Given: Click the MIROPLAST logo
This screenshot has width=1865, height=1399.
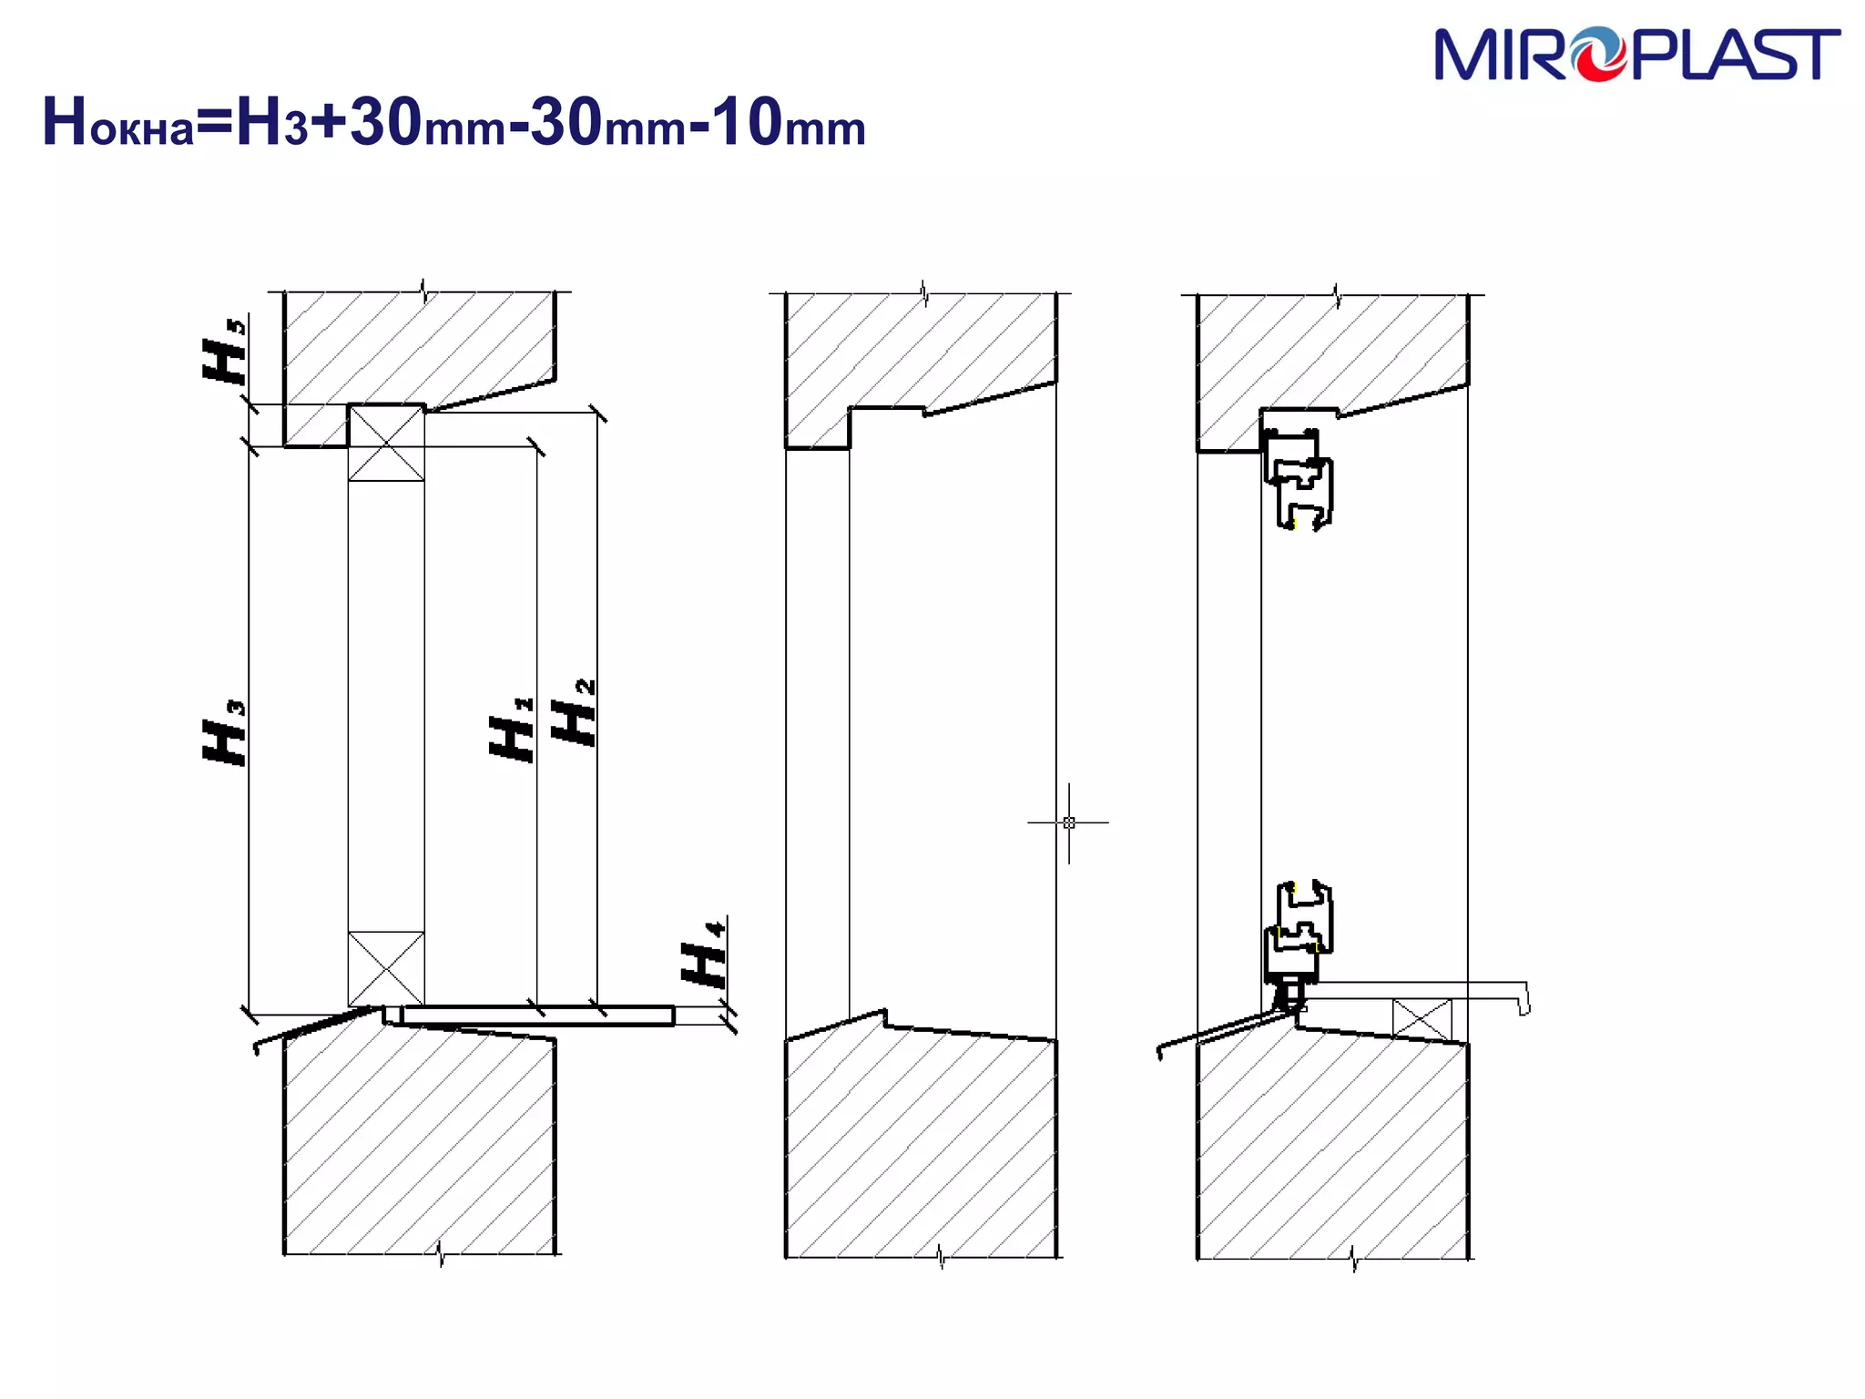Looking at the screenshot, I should point(1636,55).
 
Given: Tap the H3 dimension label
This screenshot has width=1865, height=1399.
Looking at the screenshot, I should point(224,733).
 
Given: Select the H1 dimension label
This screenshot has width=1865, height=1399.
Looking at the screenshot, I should point(511,730).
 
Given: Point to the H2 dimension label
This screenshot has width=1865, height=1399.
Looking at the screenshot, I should point(574,712).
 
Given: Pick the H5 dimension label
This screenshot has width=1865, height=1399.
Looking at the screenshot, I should point(224,351).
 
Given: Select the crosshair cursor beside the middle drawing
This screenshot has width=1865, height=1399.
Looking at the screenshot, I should point(1068,822).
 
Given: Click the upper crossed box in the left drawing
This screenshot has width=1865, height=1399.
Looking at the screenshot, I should point(386,444).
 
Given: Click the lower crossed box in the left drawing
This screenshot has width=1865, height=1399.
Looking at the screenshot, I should point(386,968).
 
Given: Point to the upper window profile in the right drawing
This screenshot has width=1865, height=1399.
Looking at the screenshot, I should point(1299,478).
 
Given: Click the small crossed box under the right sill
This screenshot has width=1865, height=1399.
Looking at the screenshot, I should point(1422,1018).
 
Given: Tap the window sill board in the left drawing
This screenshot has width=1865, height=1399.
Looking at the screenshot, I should point(537,1016).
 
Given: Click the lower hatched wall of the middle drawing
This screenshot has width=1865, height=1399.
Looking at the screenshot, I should point(920,1148).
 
